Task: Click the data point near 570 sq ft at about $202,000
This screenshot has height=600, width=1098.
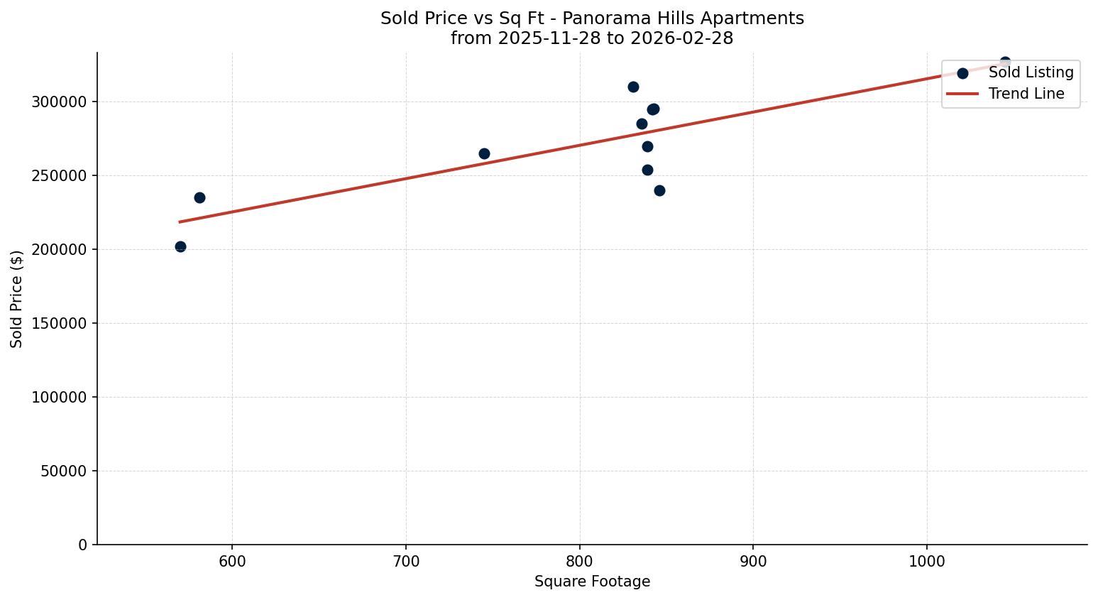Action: click(180, 246)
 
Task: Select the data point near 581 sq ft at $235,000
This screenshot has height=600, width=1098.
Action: click(199, 197)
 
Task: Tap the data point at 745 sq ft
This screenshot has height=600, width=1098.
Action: click(484, 153)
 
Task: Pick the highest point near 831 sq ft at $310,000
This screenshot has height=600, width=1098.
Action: click(633, 87)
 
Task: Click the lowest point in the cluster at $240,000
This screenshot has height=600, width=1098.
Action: click(659, 190)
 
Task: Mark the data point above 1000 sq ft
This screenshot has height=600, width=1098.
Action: click(1005, 62)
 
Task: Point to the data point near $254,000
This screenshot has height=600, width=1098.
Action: click(647, 170)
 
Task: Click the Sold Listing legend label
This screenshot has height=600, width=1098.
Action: click(1031, 72)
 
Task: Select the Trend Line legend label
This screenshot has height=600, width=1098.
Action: click(1026, 94)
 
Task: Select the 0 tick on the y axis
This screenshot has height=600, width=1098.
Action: click(83, 545)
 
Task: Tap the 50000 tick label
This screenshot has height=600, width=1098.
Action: click(64, 471)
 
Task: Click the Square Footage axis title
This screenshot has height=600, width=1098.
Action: click(592, 582)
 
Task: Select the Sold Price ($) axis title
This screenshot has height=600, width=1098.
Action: click(17, 298)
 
